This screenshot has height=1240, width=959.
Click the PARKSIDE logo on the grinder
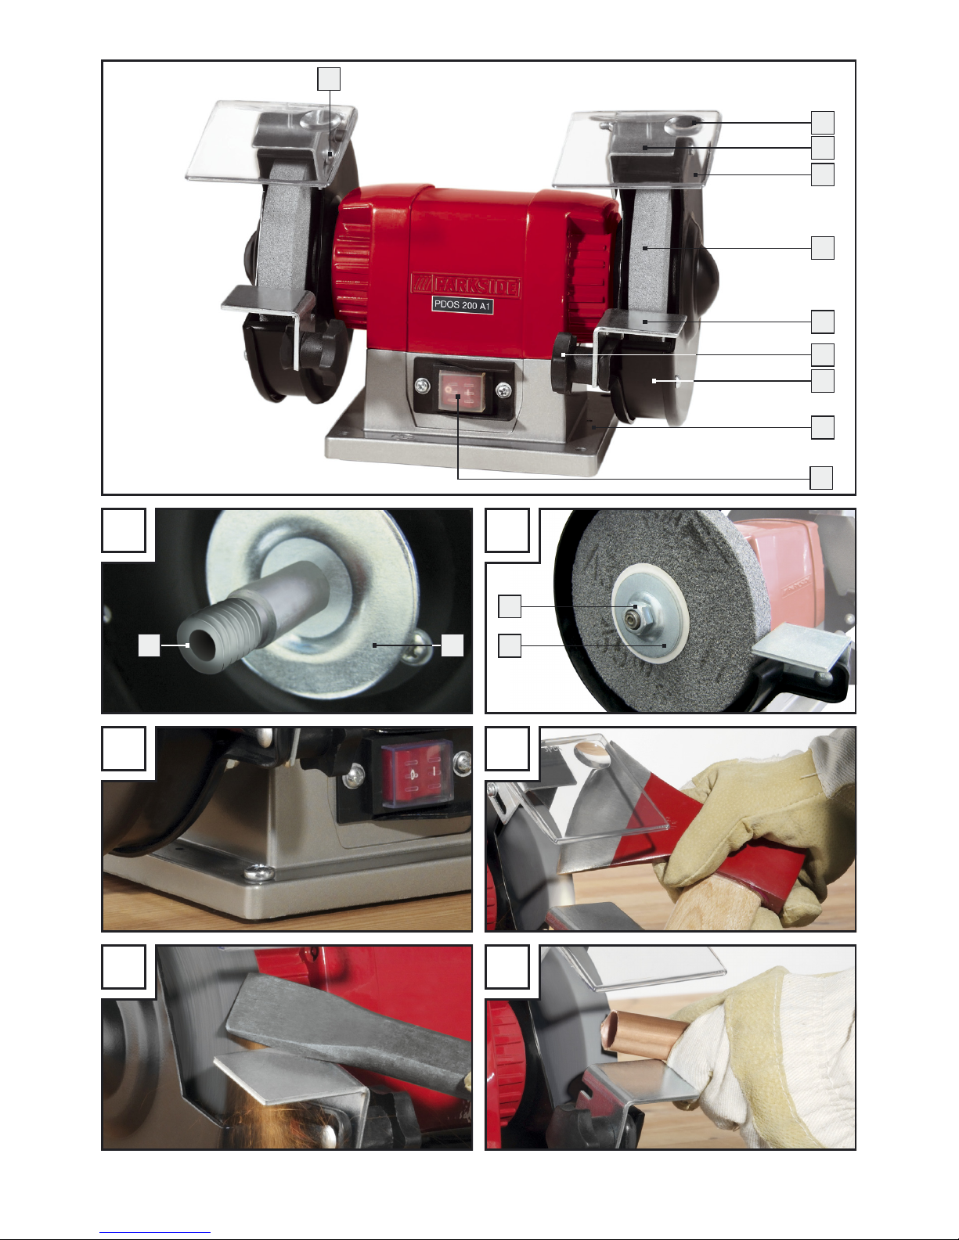[x=466, y=285]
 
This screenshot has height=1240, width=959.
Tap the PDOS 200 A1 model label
[x=463, y=305]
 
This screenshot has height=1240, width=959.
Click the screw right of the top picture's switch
[x=503, y=390]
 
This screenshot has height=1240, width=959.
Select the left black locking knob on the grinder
[x=317, y=347]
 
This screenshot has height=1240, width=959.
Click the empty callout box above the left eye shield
[x=329, y=79]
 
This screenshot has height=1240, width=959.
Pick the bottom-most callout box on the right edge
[x=821, y=478]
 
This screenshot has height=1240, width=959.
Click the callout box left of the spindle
[x=150, y=645]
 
